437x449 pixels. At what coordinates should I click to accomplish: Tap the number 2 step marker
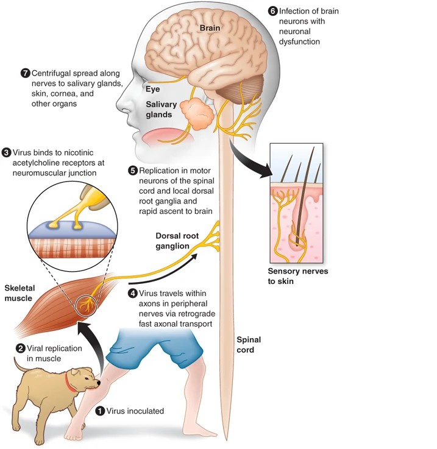[x=21, y=348]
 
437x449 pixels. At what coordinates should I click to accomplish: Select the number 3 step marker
[x=6, y=152]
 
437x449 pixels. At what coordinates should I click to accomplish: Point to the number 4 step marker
[x=133, y=293]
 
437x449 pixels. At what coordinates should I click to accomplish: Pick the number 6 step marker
[x=272, y=10]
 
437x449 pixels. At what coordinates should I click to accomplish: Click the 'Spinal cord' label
[x=246, y=345]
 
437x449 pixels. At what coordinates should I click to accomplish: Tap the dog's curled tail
[x=18, y=364]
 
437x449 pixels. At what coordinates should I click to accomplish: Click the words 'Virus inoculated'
[x=135, y=411]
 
